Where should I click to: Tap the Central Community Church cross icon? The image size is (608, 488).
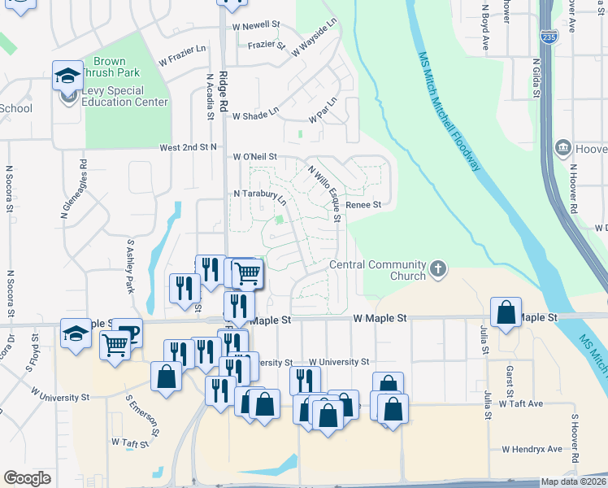coord(439,269)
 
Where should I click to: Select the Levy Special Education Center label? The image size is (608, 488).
coord(124,97)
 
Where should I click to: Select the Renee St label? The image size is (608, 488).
coord(363,205)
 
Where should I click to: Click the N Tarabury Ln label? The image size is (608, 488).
coord(259,195)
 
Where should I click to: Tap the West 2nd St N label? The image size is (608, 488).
coord(189,147)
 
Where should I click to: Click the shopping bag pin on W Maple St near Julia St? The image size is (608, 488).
coord(506,312)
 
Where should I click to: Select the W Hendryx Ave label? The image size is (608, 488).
coord(532,449)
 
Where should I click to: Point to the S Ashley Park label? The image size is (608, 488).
coord(129,265)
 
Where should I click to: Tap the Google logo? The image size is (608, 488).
coord(27,478)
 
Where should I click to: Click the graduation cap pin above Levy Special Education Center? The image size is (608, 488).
coord(67,76)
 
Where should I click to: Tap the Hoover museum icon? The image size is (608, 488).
coord(562,148)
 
